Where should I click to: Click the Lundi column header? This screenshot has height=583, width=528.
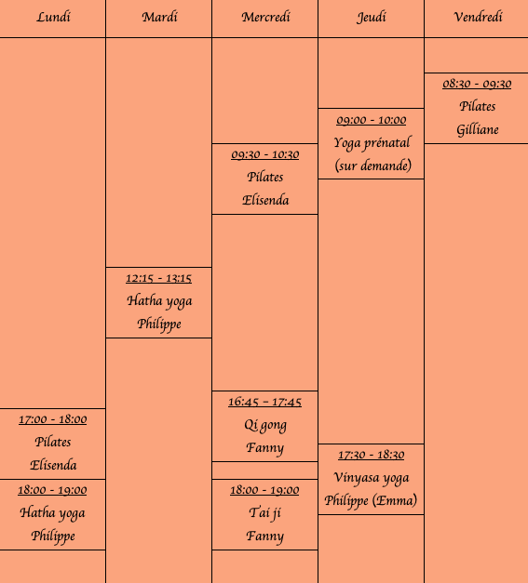point(53,17)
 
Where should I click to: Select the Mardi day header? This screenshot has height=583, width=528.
point(160,17)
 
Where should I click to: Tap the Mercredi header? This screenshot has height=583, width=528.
point(265,17)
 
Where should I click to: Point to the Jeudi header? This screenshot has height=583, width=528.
point(372,18)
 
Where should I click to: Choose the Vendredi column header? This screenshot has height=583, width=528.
point(478,17)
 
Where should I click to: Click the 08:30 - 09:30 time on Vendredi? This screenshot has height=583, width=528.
point(477,84)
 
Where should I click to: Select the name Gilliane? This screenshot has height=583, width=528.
point(478,130)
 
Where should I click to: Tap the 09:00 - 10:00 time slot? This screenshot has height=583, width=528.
point(372,120)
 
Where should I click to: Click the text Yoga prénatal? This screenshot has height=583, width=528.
point(372,143)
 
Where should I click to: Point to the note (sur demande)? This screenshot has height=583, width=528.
point(373,166)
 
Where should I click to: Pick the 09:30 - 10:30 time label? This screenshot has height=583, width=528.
point(265,154)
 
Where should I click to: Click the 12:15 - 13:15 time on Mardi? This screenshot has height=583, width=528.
point(158,279)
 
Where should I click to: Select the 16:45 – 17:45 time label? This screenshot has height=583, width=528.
point(264,402)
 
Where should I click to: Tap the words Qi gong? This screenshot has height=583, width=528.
point(265,425)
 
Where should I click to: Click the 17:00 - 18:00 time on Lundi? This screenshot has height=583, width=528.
point(52,419)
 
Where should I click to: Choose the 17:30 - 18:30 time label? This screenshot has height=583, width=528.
point(372,455)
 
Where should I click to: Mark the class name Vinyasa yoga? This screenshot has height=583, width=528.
point(372,478)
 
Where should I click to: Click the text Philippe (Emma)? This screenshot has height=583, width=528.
point(371,501)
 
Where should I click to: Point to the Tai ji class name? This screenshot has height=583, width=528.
point(264,513)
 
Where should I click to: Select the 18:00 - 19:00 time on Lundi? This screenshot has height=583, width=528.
point(52,490)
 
